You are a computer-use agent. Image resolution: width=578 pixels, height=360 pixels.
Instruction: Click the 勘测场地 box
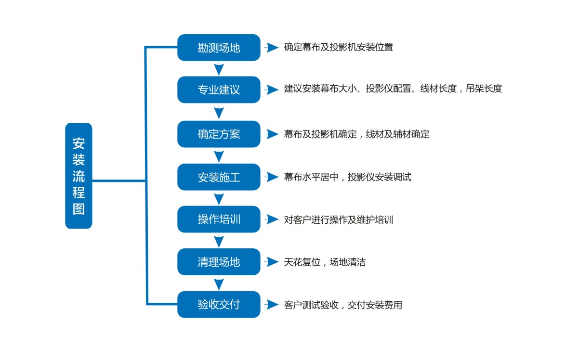coord(219,48)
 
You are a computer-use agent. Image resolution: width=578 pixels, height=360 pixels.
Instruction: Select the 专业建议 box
coord(219,90)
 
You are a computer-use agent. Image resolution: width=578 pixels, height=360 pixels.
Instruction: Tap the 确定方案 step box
coord(219,134)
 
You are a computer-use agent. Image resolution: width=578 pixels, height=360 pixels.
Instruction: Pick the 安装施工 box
coord(219,177)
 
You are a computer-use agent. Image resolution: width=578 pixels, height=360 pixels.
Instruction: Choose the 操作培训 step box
coord(219,219)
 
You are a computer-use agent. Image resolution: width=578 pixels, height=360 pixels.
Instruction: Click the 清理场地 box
coord(219,262)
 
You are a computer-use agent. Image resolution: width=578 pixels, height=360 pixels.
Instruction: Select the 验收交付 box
coord(219,304)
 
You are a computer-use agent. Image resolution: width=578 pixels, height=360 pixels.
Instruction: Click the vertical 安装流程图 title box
coord(79,176)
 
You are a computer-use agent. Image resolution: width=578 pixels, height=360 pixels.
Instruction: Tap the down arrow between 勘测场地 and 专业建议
coord(219,68)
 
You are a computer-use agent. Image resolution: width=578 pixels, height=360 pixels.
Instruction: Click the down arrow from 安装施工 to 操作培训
coord(219,198)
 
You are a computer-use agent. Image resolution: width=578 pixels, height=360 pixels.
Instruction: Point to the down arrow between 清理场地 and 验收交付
coord(219,283)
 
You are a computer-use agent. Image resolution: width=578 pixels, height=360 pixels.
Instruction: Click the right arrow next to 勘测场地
coord(271,48)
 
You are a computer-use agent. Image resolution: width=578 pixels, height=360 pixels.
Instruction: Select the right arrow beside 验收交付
coord(271,305)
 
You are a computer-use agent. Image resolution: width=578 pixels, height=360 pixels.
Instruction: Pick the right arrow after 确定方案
coord(271,134)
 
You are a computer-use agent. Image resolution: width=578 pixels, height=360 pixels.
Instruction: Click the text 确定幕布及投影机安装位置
coord(338,48)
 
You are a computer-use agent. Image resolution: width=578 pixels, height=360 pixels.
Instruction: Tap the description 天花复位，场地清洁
coord(325,262)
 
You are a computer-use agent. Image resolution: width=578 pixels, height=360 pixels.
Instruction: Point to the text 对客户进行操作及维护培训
coord(338,220)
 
